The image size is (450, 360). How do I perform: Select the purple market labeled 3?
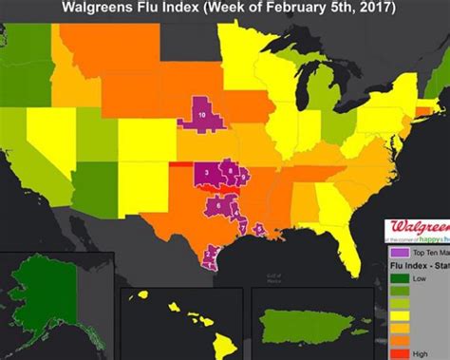click(206, 172)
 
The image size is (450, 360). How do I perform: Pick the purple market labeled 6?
click(218, 203)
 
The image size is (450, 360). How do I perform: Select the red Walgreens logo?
click(418, 229)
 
